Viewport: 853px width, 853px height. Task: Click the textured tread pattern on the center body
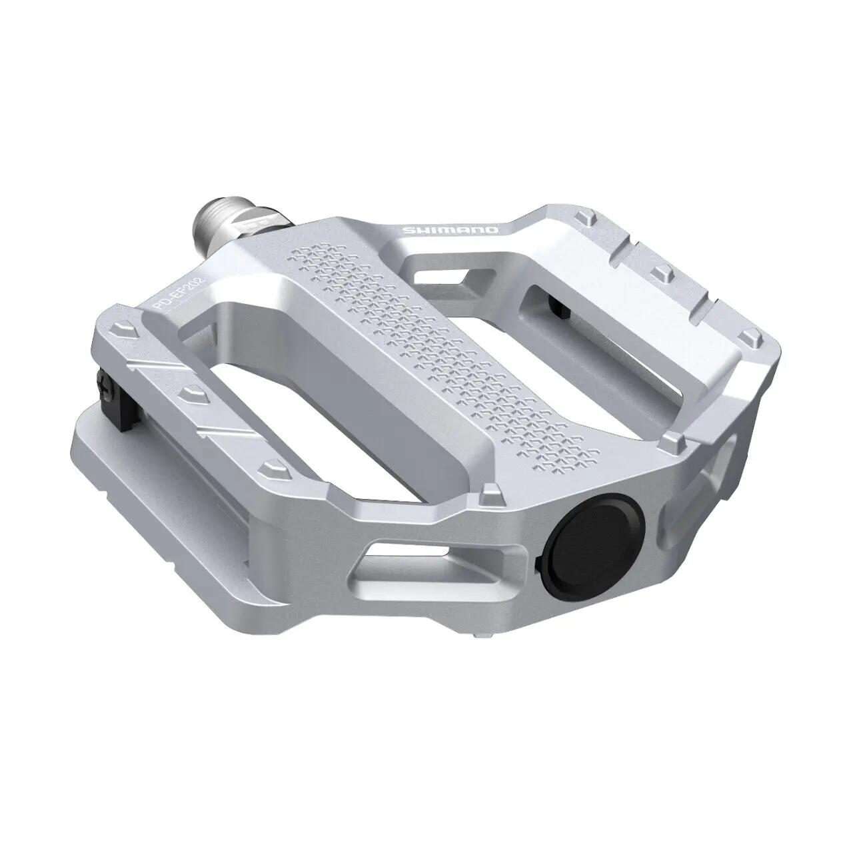click(433, 347)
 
